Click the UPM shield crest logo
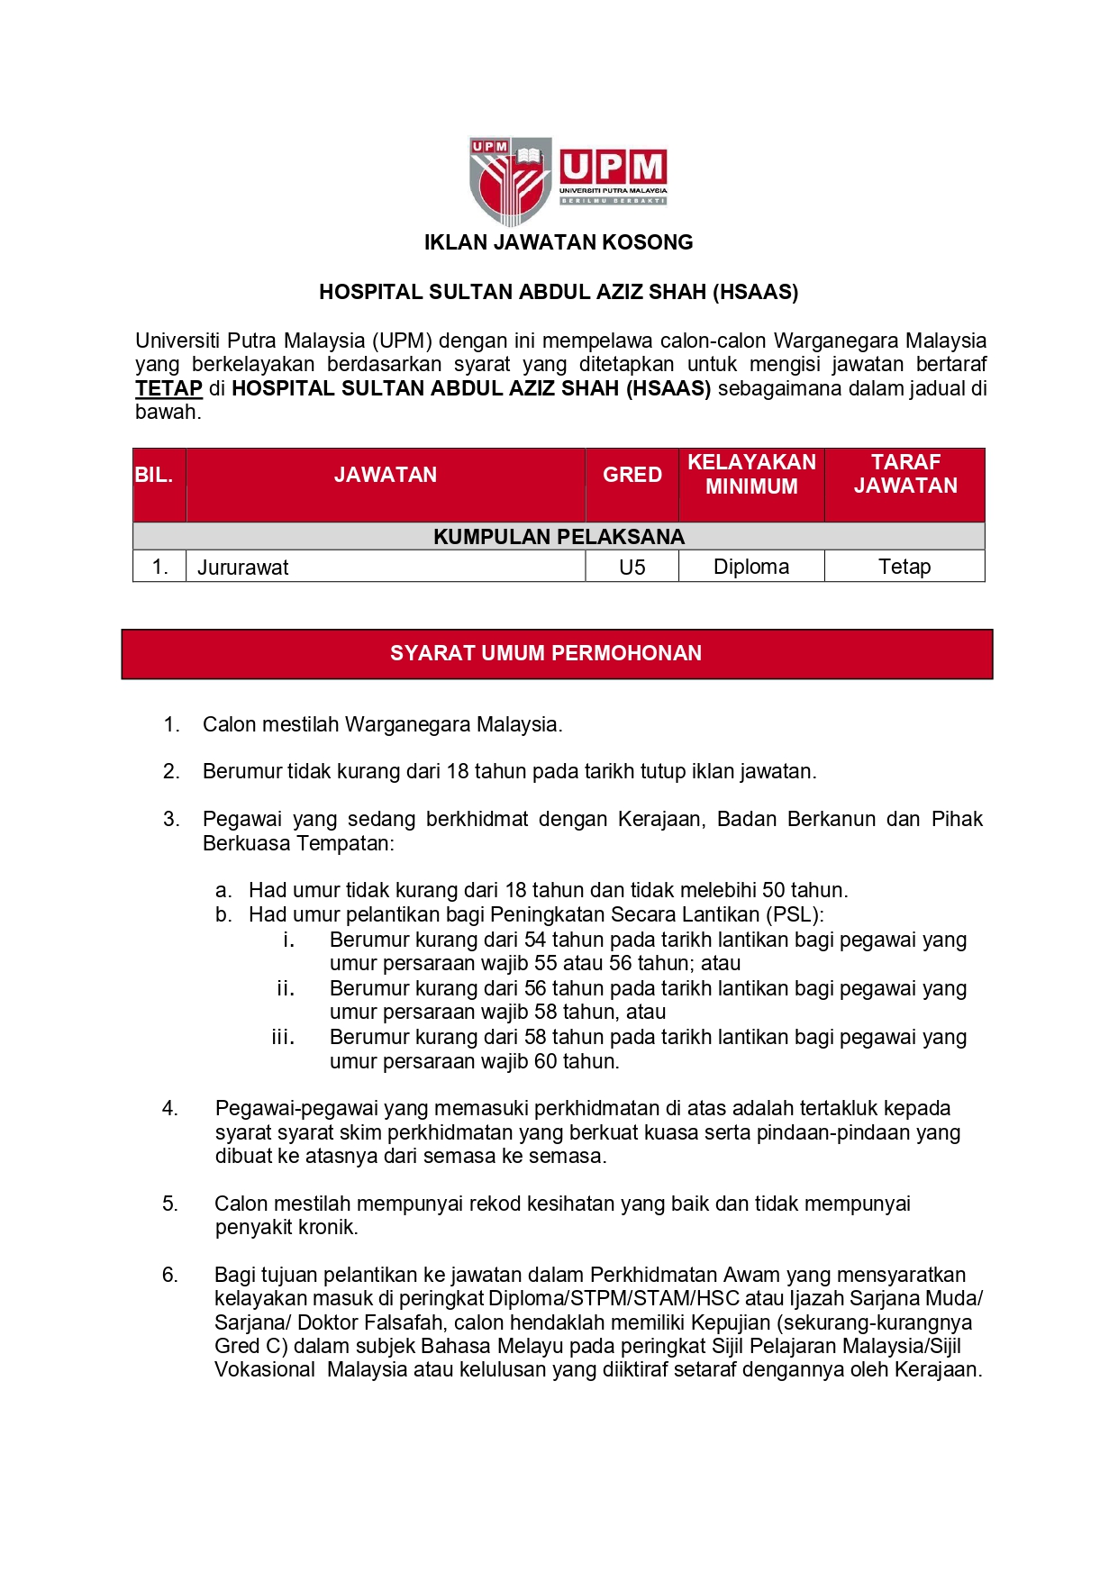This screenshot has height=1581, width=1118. pyautogui.click(x=509, y=180)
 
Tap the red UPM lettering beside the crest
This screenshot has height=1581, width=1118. pyautogui.click(x=613, y=168)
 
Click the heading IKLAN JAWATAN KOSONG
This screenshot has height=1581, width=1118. pyautogui.click(x=559, y=242)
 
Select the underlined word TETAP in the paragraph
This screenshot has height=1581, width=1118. pyautogui.click(x=168, y=388)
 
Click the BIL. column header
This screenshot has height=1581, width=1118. pyautogui.click(x=154, y=475)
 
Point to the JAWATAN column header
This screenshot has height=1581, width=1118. pyautogui.click(x=386, y=475)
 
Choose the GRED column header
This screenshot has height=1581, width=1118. pyautogui.click(x=632, y=475)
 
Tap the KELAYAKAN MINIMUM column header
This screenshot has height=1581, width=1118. pyautogui.click(x=751, y=474)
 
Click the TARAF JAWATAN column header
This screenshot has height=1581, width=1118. pyautogui.click(x=905, y=474)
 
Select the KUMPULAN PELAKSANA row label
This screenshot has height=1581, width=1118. pyautogui.click(x=559, y=537)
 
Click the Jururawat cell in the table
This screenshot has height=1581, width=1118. pyautogui.click(x=243, y=568)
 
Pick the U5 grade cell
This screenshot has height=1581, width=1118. pyautogui.click(x=632, y=568)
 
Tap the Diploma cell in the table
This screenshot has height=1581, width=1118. pyautogui.click(x=751, y=567)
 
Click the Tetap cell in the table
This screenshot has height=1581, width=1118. pyautogui.click(x=904, y=567)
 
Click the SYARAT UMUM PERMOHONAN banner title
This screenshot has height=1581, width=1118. pyautogui.click(x=546, y=653)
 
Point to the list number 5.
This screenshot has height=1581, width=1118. pyautogui.click(x=170, y=1204)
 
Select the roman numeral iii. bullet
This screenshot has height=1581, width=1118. pyautogui.click(x=283, y=1038)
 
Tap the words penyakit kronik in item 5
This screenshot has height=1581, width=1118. pyautogui.click(x=286, y=1227)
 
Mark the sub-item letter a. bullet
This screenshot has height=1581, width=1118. pyautogui.click(x=223, y=891)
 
